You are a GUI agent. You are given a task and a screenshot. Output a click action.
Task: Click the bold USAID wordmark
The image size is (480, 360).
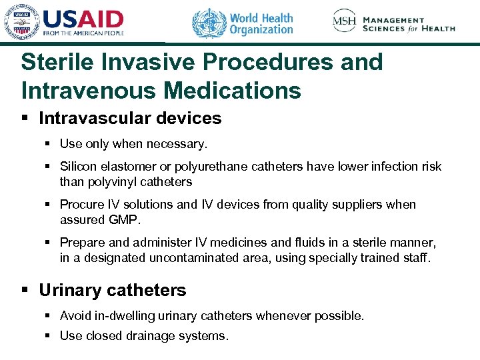point(83,19)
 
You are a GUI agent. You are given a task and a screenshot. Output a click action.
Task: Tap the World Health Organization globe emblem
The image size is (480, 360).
point(209,23)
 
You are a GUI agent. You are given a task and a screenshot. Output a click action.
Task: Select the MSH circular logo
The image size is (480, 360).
point(345,21)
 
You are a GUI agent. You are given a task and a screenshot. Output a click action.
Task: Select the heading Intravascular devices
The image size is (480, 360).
point(130,119)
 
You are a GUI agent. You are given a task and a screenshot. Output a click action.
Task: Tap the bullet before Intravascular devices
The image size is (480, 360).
point(25,119)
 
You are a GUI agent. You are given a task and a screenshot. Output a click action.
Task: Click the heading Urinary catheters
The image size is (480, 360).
point(113,291)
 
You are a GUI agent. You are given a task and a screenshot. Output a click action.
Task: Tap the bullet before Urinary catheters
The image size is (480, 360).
point(25,291)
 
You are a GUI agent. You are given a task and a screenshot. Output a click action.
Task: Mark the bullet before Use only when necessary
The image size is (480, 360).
point(49,143)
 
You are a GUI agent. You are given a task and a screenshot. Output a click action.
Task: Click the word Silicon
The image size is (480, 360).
point(78,167)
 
